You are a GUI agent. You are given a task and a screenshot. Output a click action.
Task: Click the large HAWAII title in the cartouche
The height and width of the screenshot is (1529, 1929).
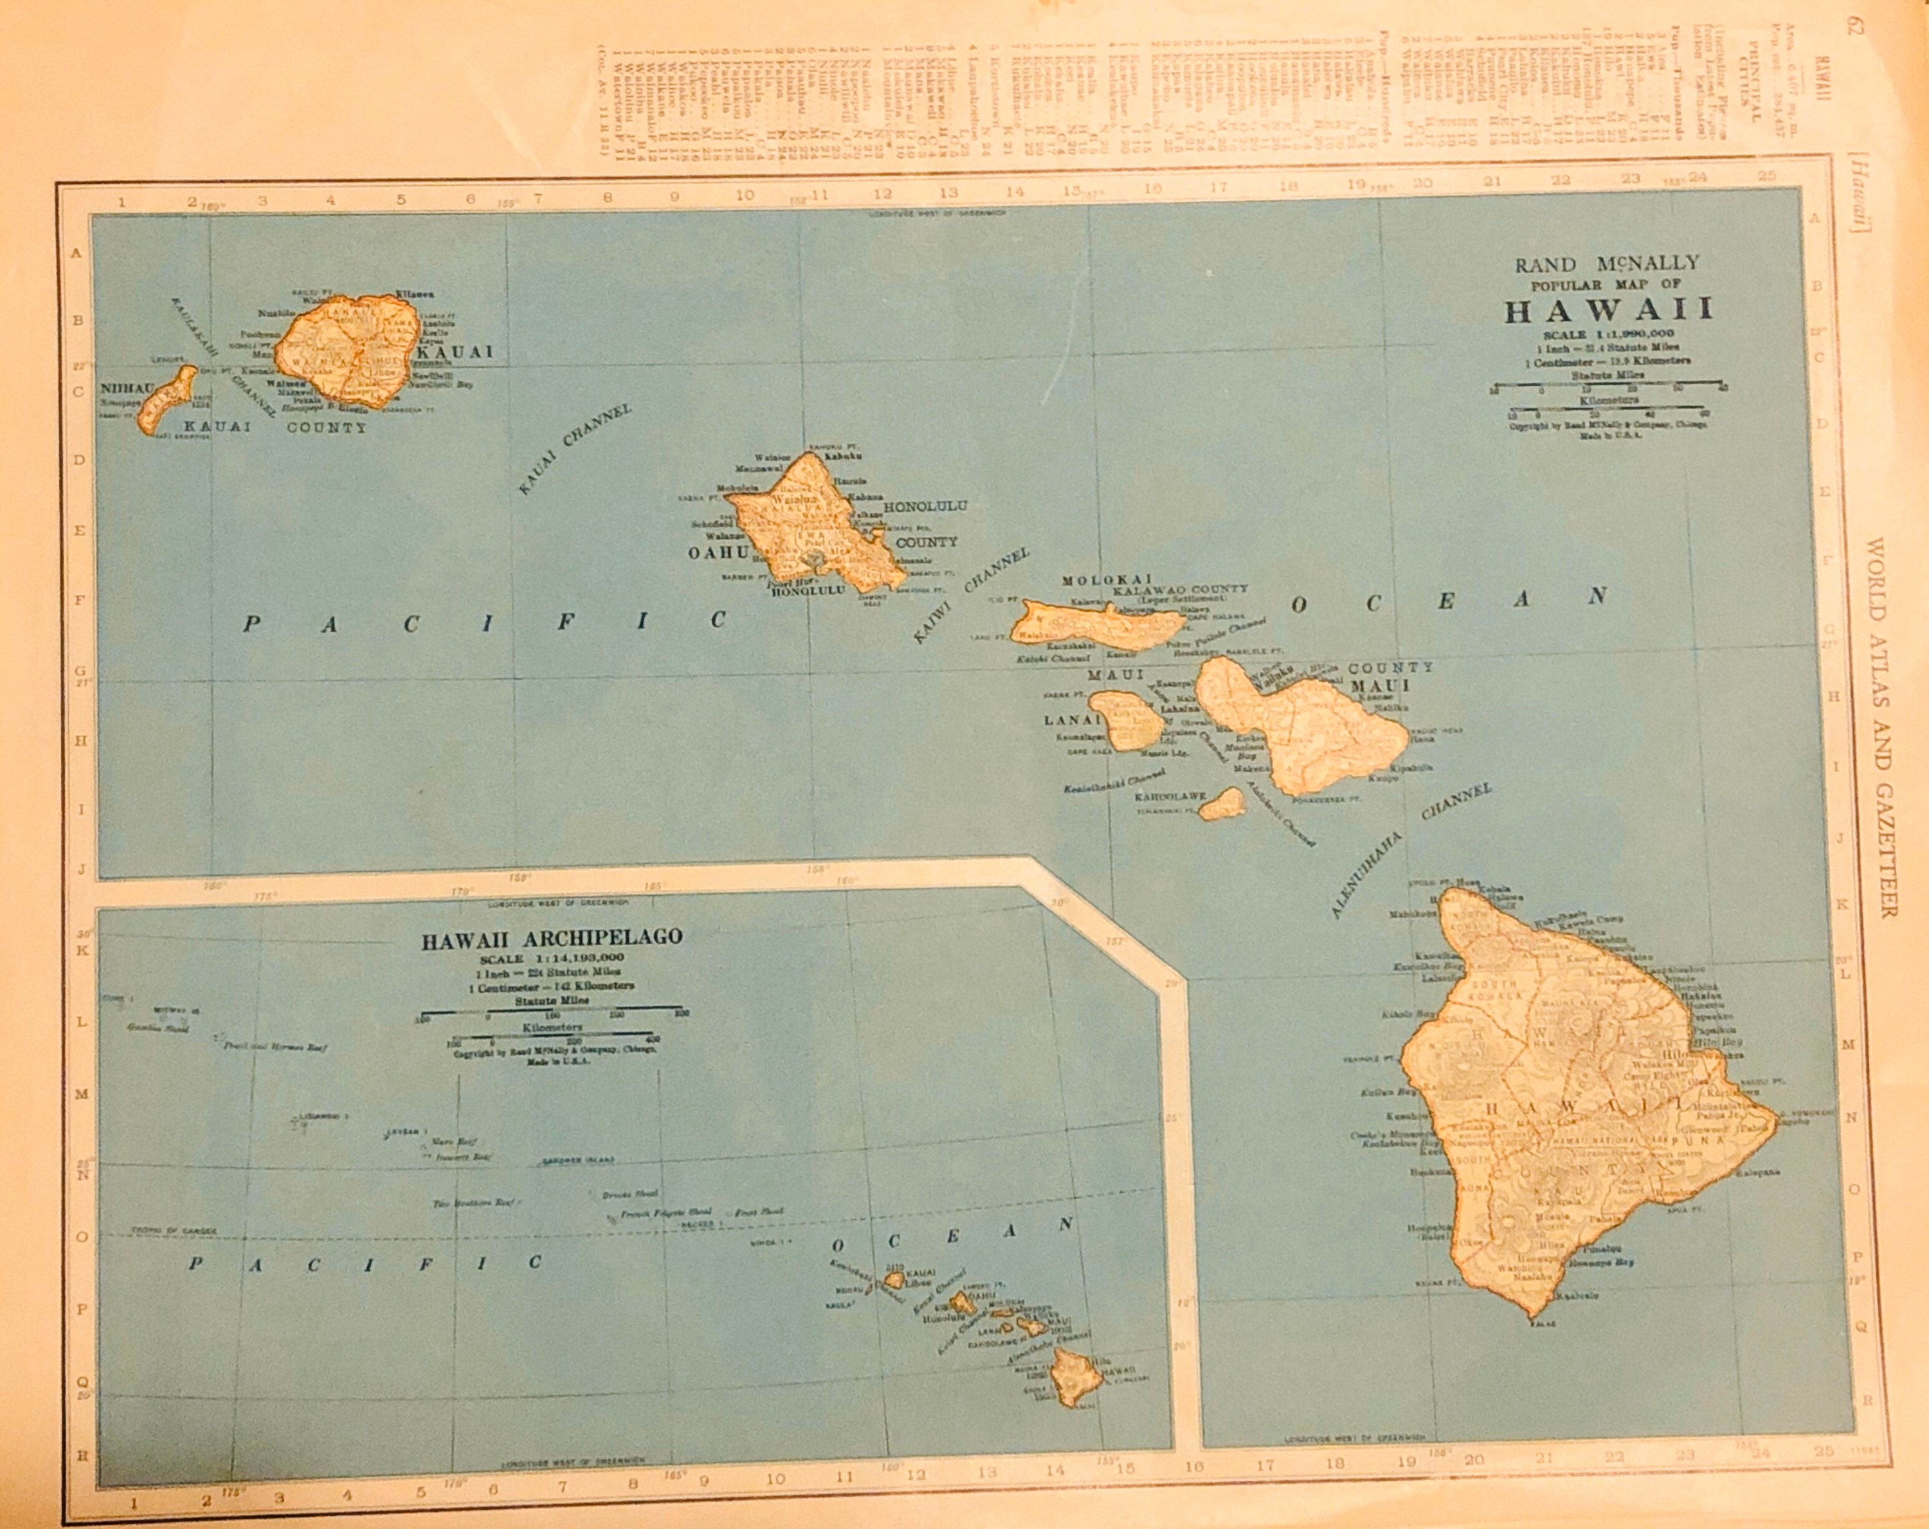(1607, 309)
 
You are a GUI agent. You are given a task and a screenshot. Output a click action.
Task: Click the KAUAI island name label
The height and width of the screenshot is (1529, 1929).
(455, 352)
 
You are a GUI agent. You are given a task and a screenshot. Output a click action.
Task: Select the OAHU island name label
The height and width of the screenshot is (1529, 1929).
(717, 553)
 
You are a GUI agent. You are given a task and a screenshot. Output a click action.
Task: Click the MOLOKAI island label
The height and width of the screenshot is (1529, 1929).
(1107, 580)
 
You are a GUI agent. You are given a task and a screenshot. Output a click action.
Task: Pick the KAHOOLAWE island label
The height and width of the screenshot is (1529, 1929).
(1170, 795)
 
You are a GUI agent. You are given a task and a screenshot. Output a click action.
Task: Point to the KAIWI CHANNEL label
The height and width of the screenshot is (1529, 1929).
(971, 595)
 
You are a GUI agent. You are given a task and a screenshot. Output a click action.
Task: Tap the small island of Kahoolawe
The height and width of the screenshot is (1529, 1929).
(1222, 804)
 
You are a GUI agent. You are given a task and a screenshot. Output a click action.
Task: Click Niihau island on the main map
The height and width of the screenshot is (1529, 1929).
(167, 401)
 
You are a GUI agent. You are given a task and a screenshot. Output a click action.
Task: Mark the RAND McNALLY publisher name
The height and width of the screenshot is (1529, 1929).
(1606, 264)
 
